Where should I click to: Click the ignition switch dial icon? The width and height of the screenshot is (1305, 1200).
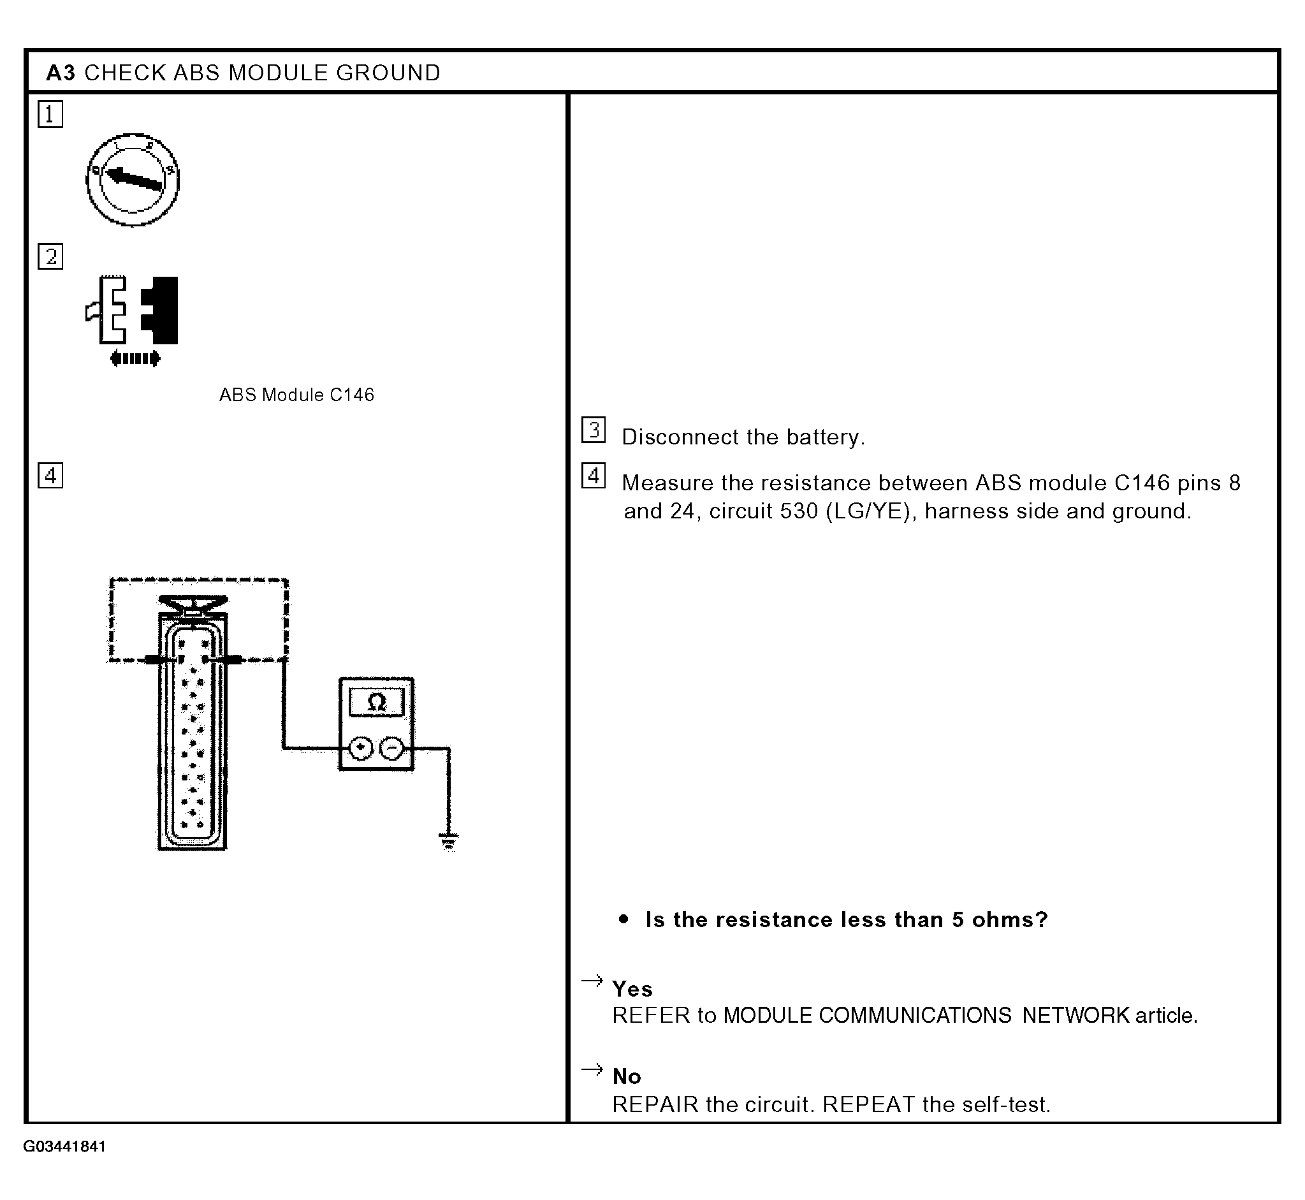(133, 180)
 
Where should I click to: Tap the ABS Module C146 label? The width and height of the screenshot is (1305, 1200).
(296, 395)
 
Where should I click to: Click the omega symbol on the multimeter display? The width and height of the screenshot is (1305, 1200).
(377, 702)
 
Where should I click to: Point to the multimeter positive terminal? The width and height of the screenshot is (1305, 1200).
(361, 749)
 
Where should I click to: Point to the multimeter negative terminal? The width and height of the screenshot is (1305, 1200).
(391, 749)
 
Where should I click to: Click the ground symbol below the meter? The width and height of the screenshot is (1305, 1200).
(449, 842)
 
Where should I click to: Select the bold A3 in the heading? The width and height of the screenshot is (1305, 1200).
(61, 73)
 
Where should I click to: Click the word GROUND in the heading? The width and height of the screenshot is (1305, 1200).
(388, 73)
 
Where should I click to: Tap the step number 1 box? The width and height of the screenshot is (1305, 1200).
(50, 115)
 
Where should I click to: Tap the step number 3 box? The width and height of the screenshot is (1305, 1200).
(594, 430)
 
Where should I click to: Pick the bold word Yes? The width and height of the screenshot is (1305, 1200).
(632, 989)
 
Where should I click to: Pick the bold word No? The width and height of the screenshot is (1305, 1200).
(627, 1077)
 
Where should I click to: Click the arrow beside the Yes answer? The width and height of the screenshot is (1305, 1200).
(592, 981)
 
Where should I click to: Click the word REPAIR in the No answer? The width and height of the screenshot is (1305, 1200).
(655, 1104)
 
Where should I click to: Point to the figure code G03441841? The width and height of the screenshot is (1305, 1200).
(65, 1146)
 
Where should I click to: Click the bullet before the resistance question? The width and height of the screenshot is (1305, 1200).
(624, 919)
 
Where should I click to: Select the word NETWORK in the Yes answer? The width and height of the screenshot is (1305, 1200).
(1076, 1016)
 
